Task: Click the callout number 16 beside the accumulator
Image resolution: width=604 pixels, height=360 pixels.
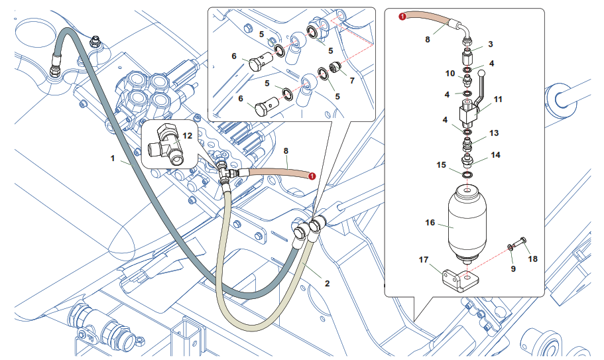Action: pos(430,223)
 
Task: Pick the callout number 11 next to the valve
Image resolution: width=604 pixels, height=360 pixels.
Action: pos(498,99)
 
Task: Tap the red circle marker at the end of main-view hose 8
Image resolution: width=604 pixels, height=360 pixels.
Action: pos(312,176)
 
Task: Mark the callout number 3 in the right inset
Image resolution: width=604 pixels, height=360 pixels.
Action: pos(490,44)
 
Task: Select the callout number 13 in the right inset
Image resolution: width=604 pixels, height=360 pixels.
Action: pos(494,133)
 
